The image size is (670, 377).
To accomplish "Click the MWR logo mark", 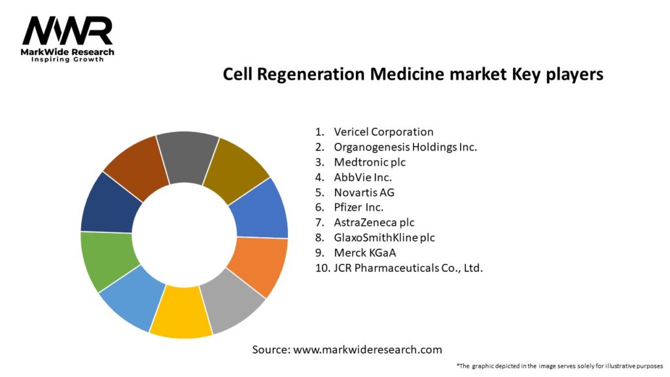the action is coord(67,31).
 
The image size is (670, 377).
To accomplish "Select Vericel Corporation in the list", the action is coord(383,132).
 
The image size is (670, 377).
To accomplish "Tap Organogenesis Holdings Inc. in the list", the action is coord(405,147).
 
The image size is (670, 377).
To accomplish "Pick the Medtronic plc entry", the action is coord(370,162).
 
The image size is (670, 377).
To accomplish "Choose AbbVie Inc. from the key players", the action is coord(362,177).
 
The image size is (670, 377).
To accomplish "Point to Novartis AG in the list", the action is coord(364,192).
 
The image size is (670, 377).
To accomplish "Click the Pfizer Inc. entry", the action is coord(359,207).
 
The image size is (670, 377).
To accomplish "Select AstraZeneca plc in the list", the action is coord(374,223).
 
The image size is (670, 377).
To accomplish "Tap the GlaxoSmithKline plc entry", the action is coord(384,238).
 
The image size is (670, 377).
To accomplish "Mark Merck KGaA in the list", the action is coord(365,253).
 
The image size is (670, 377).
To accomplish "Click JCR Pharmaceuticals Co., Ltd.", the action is coord(408,268).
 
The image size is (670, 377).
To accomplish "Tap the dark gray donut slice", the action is coord(186,156).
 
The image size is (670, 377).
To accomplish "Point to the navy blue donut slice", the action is coord(110,204).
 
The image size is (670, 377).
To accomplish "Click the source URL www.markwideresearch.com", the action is coord(368,350).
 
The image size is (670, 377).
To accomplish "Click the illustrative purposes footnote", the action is coord(560,366).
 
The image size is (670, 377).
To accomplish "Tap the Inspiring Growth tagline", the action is coord(67,60).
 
